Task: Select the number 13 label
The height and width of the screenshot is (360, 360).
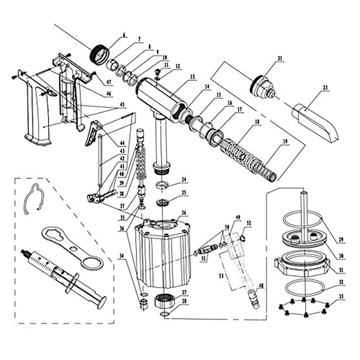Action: point(192,77)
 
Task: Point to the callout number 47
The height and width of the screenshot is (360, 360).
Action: point(109,82)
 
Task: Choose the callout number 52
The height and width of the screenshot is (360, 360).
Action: point(248,223)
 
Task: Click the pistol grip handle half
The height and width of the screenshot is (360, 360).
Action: point(38,115)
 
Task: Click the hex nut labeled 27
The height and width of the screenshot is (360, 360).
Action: point(165,300)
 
